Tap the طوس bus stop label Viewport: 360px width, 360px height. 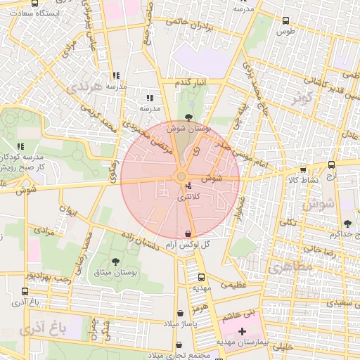click(285, 31)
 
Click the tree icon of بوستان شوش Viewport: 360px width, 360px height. click(188, 118)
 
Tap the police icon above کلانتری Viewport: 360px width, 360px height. click(188, 186)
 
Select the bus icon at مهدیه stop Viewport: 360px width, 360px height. click(202, 277)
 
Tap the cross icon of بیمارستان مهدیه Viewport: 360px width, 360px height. click(243, 330)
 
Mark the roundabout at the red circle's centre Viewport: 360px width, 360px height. click(181, 176)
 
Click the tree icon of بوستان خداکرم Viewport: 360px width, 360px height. click(347, 224)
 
